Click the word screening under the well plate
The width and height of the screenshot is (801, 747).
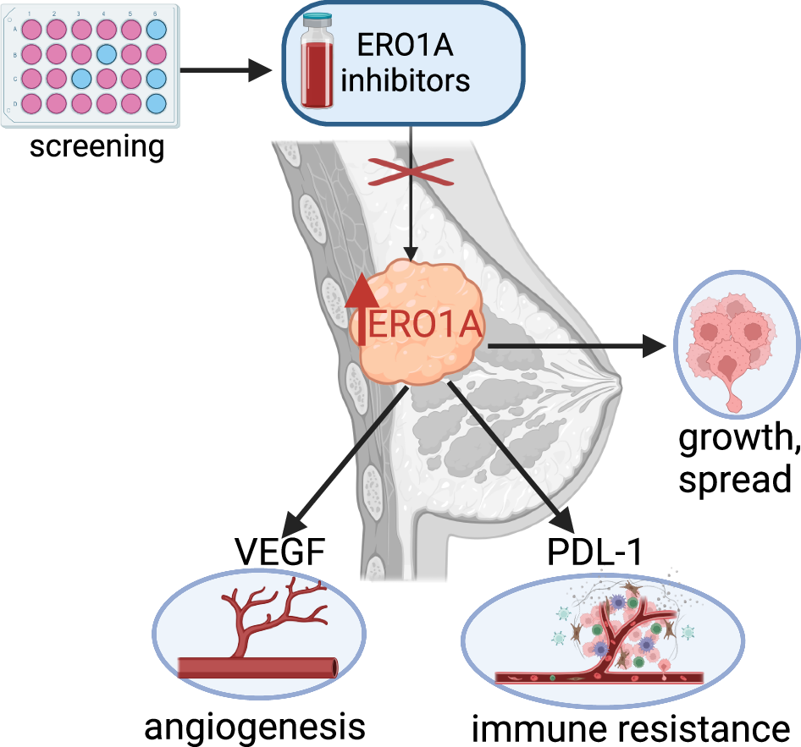[x=97, y=146]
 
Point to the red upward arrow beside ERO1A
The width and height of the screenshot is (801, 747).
[x=362, y=308]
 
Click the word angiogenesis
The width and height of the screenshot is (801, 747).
[x=255, y=726]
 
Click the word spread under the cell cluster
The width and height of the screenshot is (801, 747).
[x=735, y=479]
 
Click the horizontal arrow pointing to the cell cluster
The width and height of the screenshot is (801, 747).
[x=576, y=345]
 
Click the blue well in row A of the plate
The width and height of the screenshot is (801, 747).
[x=157, y=29]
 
